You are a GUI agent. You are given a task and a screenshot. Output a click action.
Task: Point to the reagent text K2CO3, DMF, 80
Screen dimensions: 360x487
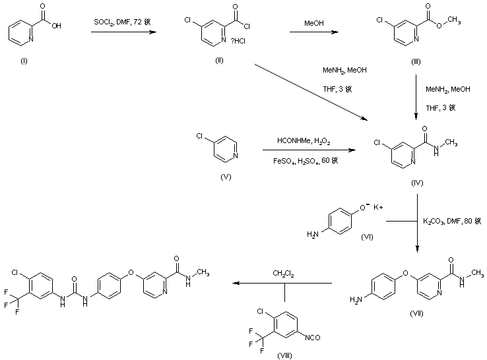click(x=452, y=222)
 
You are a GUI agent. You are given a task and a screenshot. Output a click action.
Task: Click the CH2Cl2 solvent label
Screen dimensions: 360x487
click(x=284, y=273)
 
